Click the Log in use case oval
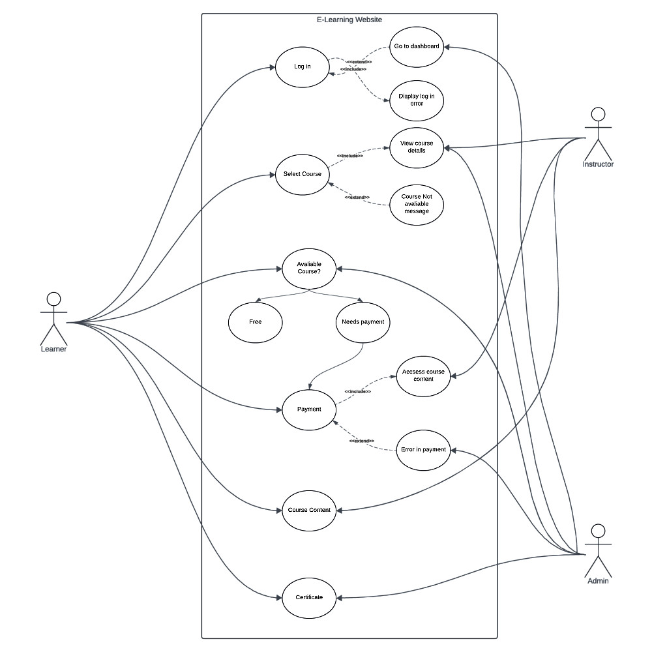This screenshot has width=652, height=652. click(302, 67)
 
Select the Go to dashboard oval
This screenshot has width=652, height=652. click(417, 47)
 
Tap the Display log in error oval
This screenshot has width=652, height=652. click(417, 100)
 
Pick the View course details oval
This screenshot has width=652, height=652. click(417, 147)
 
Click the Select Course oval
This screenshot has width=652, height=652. click(302, 174)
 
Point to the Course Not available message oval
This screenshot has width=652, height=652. click(417, 204)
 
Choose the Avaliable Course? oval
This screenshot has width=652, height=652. click(308, 268)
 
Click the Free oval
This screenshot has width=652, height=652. click(255, 322)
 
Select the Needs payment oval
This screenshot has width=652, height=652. click(363, 322)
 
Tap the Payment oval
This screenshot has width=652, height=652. click(308, 409)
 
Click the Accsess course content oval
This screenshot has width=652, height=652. click(423, 376)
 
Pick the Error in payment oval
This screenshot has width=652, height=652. click(423, 450)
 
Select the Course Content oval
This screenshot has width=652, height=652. click(308, 510)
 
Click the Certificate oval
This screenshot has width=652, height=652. click(308, 597)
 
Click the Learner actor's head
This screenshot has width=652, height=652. click(53, 299)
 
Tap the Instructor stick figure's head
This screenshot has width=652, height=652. click(597, 115)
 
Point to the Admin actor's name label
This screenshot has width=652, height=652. click(598, 581)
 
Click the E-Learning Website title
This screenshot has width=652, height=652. click(349, 20)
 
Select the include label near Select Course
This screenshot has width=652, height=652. click(350, 156)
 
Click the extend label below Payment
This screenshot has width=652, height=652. click(361, 441)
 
